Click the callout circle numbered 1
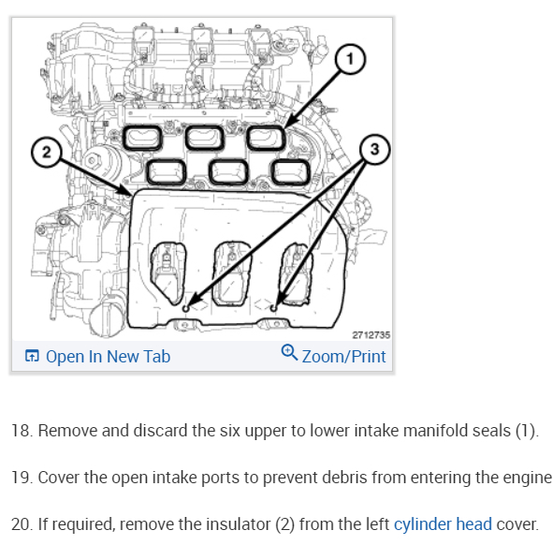350,59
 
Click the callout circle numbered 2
47,153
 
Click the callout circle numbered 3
374,149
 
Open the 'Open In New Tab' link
109,357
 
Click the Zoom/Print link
344,357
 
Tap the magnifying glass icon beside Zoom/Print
289,352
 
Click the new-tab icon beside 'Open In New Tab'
32,356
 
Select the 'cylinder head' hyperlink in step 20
443,524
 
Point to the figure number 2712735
371,335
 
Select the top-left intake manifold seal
142,138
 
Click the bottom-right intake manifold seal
291,172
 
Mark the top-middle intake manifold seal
205,138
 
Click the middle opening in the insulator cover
230,274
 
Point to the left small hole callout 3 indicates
185,308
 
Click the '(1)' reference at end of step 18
527,431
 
